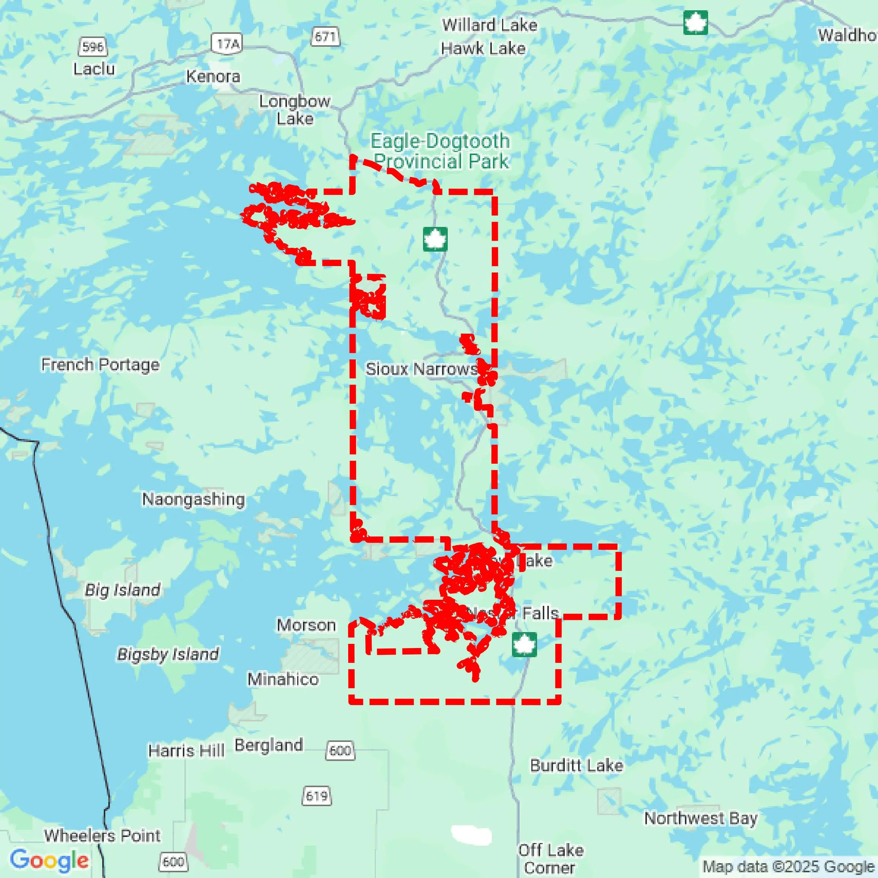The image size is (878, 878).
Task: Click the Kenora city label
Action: [x=213, y=76]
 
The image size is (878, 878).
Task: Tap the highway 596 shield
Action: [x=93, y=47]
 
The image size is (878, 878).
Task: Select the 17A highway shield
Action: [x=227, y=44]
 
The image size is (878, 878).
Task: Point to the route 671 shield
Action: [x=325, y=36]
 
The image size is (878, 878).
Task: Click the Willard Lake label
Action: [x=490, y=25]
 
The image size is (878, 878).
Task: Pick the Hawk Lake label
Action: [x=483, y=48]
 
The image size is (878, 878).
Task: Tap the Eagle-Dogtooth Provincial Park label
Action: [x=440, y=151]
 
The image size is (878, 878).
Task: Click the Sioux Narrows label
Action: [x=421, y=369]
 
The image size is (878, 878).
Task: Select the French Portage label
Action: [x=100, y=365]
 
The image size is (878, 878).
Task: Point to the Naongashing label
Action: [x=193, y=499]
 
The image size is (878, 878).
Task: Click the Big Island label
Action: [x=123, y=590]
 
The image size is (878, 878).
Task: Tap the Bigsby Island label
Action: [x=168, y=654]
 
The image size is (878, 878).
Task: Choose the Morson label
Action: [x=306, y=625]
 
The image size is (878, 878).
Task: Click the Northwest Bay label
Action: [x=701, y=818]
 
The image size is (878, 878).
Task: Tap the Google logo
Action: [x=49, y=860]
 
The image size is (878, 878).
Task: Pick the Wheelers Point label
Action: [x=102, y=836]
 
